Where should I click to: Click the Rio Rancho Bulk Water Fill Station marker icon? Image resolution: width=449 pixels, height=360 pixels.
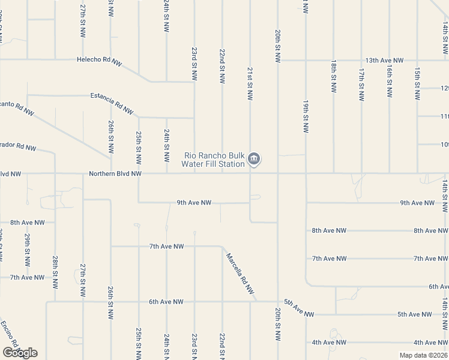click(254, 159)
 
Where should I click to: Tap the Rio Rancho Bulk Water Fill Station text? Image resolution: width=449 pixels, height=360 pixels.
click(214, 160)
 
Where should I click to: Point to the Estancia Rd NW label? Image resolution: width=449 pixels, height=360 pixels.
click(112, 103)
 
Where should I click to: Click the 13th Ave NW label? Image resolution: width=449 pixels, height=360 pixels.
click(385, 61)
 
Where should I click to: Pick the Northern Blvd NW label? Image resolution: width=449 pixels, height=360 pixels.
click(115, 174)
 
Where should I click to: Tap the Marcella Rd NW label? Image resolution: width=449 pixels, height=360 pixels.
click(241, 274)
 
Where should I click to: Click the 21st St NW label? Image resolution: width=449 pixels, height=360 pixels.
click(250, 84)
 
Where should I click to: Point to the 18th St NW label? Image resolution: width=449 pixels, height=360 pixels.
click(333, 76)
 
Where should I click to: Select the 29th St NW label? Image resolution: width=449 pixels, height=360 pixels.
click(27, 250)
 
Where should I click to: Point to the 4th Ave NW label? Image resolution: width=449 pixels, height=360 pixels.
click(329, 342)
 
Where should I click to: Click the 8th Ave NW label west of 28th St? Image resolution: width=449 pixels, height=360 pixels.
click(28, 223)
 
